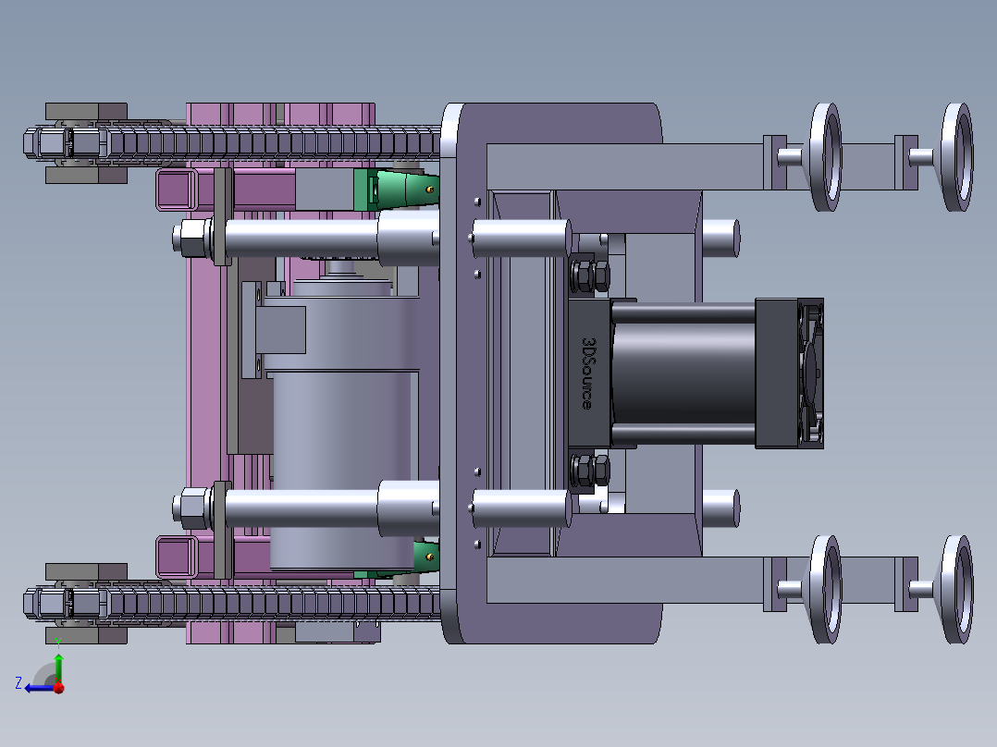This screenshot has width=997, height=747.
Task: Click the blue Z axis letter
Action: click(18, 683)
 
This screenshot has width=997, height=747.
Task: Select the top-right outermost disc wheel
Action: click(957, 157)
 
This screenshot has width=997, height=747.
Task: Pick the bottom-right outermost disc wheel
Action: click(957, 589)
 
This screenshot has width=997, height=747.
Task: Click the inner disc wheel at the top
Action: click(826, 157)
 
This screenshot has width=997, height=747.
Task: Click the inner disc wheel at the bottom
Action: click(826, 589)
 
